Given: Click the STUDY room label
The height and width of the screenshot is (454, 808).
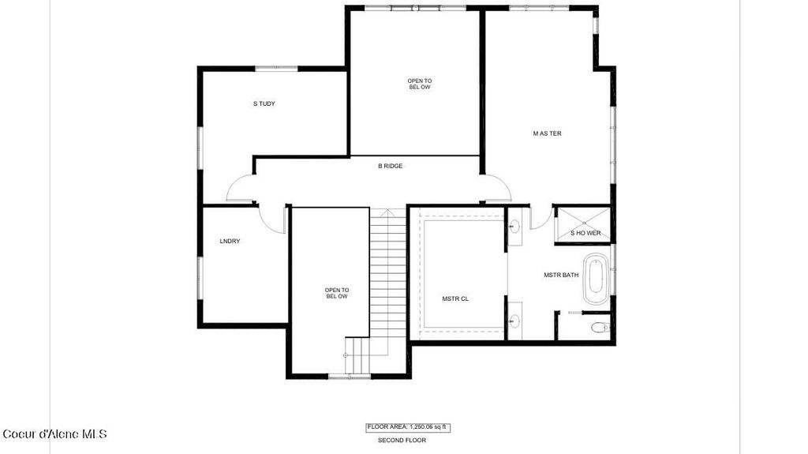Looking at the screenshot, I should (264, 103).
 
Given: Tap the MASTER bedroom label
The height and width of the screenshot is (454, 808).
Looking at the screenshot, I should (547, 133).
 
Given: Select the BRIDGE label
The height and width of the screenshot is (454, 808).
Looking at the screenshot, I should (390, 166).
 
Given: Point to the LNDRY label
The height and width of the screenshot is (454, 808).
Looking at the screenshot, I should (230, 241).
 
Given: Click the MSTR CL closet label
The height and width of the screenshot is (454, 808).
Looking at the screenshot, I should (455, 298).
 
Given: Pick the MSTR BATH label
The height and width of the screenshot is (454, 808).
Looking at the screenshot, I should (561, 276).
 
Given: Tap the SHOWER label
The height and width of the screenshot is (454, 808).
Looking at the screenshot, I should (585, 233).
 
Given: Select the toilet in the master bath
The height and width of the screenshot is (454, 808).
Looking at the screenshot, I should (600, 326).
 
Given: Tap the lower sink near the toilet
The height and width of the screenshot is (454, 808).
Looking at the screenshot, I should (514, 321).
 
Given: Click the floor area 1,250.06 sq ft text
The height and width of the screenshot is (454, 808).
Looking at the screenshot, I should (407, 427).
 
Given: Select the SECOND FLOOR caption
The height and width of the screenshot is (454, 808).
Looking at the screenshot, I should (402, 441).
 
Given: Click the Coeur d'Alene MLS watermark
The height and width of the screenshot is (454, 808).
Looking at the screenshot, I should (54, 433).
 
